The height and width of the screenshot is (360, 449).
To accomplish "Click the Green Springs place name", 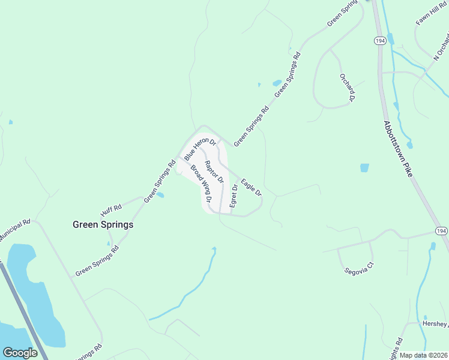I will [x=103, y=224].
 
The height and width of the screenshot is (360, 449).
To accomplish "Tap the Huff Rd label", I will [x=111, y=211].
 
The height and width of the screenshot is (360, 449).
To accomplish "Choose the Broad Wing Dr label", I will [x=201, y=183].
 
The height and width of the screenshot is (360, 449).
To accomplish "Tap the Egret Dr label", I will [x=234, y=196].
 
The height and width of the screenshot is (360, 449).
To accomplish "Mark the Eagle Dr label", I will [x=252, y=187].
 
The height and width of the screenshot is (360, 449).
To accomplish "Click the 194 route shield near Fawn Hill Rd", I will [x=379, y=41].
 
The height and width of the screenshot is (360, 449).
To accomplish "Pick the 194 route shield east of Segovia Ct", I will [x=441, y=232].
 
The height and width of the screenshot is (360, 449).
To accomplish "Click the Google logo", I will [x=19, y=353].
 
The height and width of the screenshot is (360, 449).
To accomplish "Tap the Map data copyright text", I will [x=423, y=355].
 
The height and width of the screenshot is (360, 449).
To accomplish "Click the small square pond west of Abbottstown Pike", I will [x=364, y=168].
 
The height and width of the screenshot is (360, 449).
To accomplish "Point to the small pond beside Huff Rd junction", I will [x=160, y=195].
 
